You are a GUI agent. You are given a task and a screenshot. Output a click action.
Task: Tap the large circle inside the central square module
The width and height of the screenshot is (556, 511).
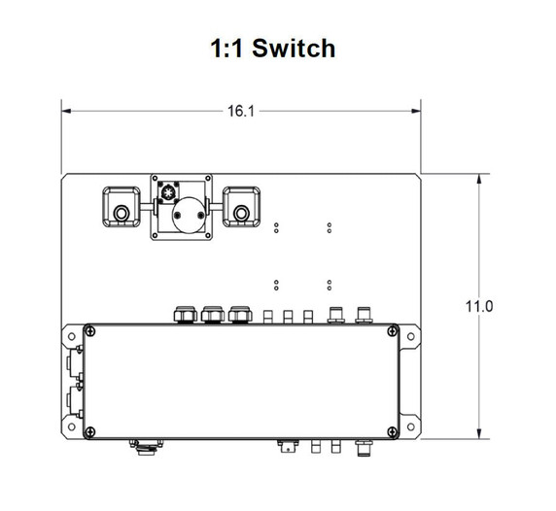click(x=187, y=213)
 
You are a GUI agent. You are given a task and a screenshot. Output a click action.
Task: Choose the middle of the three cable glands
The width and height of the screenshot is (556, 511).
click(x=212, y=316)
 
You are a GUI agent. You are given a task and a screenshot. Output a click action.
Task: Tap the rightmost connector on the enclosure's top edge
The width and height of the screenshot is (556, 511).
click(x=365, y=315)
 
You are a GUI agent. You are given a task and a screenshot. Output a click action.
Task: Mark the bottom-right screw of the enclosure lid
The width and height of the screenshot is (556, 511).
click(x=391, y=430)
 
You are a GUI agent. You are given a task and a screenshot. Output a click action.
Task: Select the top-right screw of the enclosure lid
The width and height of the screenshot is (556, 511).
click(x=391, y=332)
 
